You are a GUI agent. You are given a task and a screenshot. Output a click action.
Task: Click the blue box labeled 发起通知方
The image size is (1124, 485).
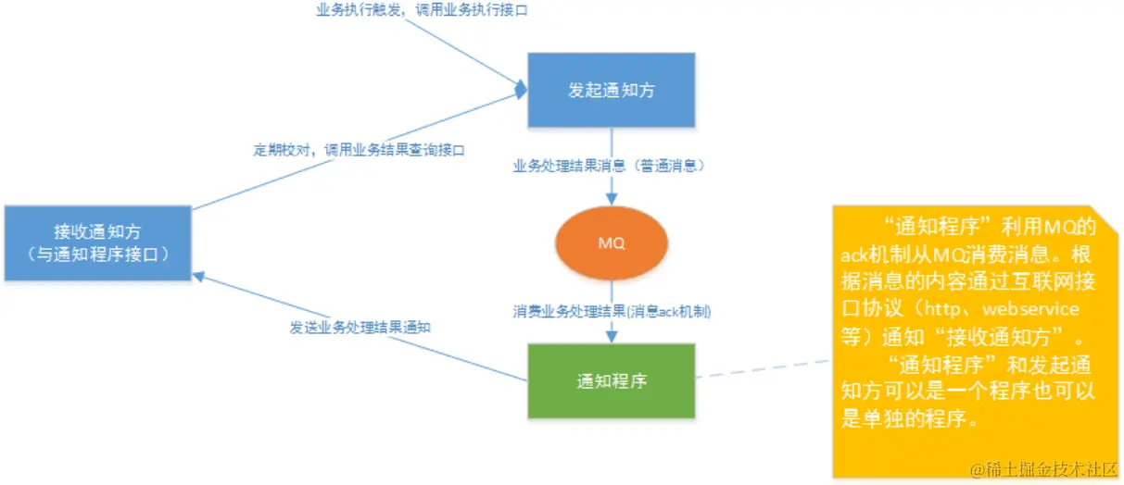pos(611,90)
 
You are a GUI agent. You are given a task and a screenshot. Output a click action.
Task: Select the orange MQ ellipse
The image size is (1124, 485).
pos(611,243)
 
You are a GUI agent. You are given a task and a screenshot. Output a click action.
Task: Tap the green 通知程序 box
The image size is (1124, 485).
pos(611,379)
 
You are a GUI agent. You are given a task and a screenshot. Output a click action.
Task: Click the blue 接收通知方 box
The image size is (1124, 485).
pos(97,242)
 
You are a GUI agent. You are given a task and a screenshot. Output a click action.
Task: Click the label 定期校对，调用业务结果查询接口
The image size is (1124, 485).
pos(359,149)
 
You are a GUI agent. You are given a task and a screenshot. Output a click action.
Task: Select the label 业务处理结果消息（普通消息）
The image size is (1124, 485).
pos(611,166)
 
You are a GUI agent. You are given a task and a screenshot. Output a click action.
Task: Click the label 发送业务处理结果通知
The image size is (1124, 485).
pos(362,327)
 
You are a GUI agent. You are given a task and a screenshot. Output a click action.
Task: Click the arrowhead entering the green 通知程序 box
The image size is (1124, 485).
pos(611,337)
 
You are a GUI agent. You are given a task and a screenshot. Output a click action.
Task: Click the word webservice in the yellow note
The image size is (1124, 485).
pos(1030,308)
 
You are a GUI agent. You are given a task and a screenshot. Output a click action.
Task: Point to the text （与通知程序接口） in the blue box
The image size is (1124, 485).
pos(97,253)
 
